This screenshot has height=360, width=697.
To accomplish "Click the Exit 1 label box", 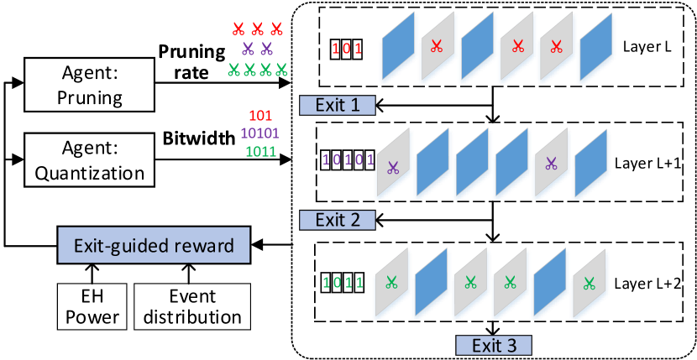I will [x=337, y=105].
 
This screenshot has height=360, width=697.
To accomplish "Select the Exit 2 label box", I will [x=337, y=220].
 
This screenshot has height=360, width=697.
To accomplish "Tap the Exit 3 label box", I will [x=494, y=345].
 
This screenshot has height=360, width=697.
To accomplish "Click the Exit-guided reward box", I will [x=153, y=246].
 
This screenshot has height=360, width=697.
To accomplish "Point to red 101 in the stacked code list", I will [x=260, y=115].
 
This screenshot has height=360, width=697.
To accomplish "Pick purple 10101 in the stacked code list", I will [x=260, y=133].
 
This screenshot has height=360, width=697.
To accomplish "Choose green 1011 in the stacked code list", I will [x=260, y=152].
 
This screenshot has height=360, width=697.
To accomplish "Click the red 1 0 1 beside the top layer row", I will [x=346, y=48].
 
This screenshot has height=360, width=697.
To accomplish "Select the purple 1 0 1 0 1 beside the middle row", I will [x=347, y=159].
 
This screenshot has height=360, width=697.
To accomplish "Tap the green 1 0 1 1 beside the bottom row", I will [x=343, y=282].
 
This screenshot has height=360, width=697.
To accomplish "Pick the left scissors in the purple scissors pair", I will [x=248, y=49].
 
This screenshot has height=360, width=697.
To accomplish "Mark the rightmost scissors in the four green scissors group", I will [x=281, y=70].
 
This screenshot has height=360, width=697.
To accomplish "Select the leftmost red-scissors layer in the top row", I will [x=436, y=47].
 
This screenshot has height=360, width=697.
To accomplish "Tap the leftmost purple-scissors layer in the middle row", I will [x=392, y=165].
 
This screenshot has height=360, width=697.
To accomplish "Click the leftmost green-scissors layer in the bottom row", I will [x=390, y=284].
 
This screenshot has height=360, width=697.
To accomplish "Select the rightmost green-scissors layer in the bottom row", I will [x=589, y=284].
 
